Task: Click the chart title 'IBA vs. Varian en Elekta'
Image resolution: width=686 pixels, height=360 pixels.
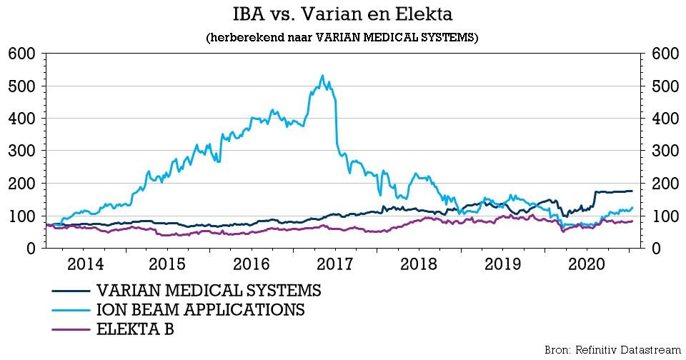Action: click(x=342, y=14)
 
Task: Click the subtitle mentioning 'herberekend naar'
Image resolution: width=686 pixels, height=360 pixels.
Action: click(x=342, y=37)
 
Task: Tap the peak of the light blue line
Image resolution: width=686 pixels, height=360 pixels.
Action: click(x=322, y=76)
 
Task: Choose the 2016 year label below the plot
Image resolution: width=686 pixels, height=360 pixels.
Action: click(x=251, y=264)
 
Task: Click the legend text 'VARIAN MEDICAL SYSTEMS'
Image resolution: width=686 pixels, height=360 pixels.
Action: click(x=209, y=291)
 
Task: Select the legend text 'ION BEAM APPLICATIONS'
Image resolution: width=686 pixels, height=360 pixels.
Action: click(x=200, y=310)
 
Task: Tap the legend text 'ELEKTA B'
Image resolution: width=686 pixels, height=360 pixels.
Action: click(x=135, y=329)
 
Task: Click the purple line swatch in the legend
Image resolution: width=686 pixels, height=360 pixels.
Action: click(x=71, y=329)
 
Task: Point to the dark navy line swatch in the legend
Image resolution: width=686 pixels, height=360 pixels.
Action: click(x=71, y=291)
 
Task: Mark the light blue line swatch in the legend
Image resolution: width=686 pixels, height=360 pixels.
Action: click(x=71, y=310)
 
